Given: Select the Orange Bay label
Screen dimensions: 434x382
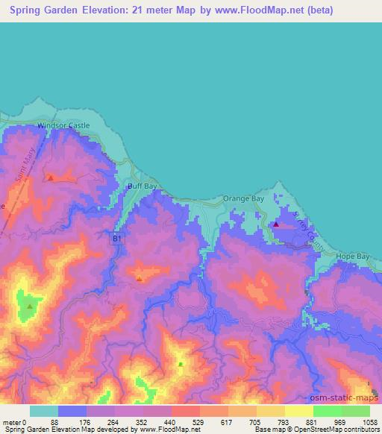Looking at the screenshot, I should coord(243,199).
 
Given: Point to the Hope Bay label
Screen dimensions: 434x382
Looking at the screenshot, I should coord(353,256).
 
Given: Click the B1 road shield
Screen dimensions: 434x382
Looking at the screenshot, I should coord(117,239).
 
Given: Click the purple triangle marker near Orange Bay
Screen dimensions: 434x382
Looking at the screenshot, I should coord(276,224).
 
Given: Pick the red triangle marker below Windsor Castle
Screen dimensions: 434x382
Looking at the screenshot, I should coord(50,178).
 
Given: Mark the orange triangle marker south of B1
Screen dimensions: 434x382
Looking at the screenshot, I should coord(140,279).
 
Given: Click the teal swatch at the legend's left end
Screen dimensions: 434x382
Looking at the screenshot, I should coord(44,411).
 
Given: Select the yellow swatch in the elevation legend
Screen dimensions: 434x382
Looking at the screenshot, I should coord(298,411).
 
